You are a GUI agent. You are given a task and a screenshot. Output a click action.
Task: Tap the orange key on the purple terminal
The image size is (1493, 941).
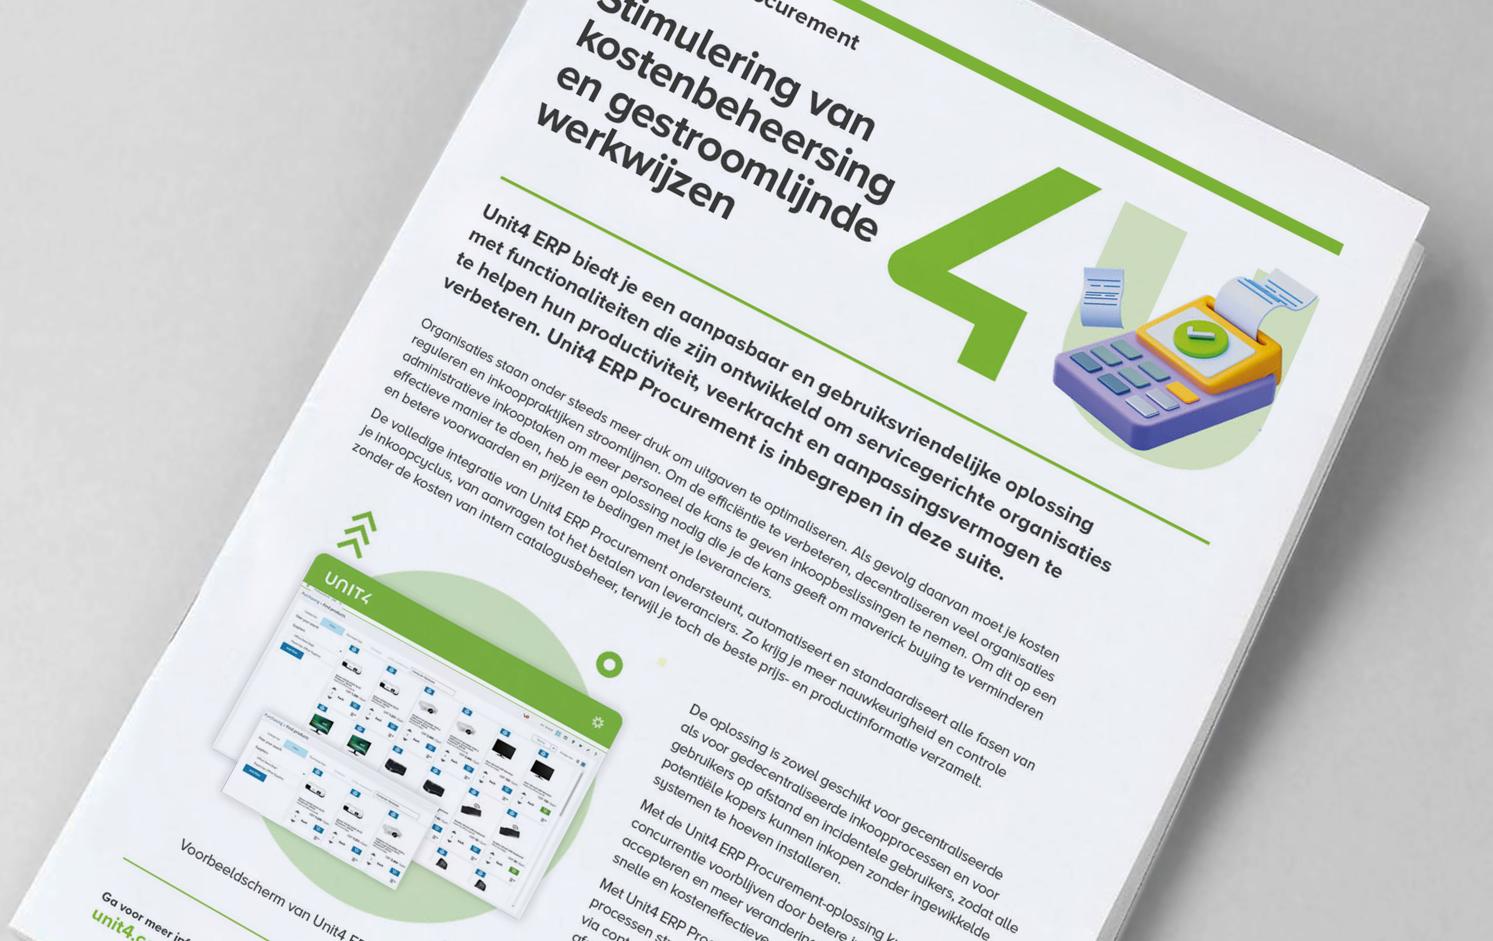pos(1181,392)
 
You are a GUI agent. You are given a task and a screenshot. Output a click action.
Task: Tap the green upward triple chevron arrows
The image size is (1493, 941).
pos(358,533)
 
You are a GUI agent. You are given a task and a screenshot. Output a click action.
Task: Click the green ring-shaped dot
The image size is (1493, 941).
pos(609,665)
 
